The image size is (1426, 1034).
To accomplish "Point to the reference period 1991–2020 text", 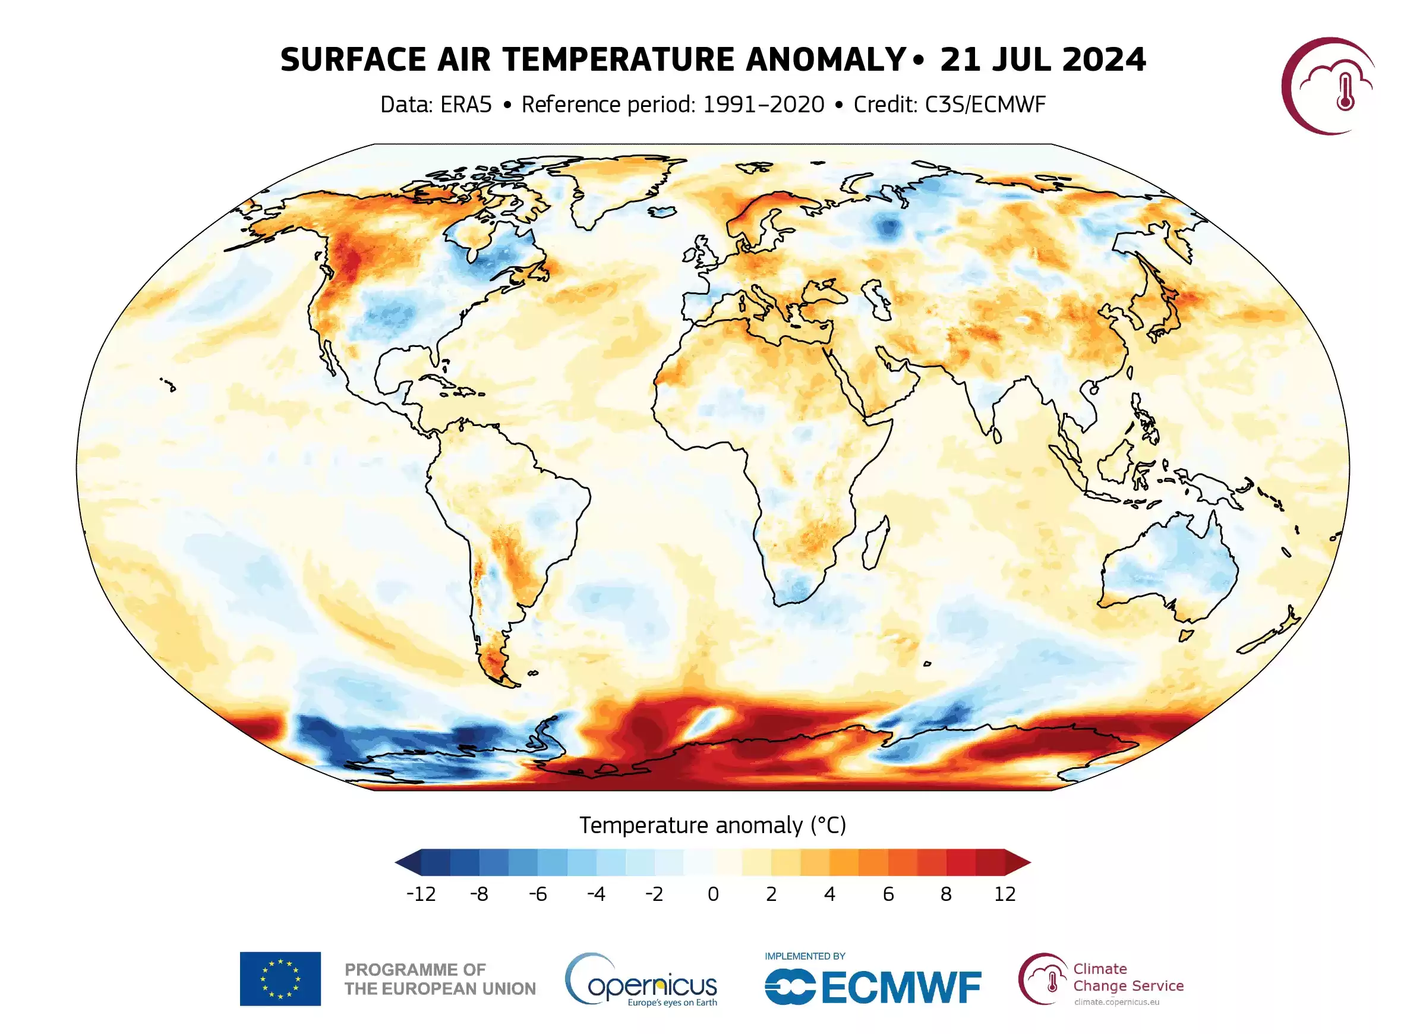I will pos(763,105).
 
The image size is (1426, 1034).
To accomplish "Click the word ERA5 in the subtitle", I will pos(465,105).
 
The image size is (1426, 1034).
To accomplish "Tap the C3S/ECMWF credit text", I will pos(985,105).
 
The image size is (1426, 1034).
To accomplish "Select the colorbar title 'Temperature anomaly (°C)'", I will pos(712,825).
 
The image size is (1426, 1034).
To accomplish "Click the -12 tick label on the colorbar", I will pos(421,894).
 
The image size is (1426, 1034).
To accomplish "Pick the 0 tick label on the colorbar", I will pos(713,894).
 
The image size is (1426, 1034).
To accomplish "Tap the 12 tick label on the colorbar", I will pos(1005,894).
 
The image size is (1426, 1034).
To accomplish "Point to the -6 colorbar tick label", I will pos(538,894).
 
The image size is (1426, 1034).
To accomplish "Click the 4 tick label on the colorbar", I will pos(830,894).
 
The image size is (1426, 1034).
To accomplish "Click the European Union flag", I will pos(280,979).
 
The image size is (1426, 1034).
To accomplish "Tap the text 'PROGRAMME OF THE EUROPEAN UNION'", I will pos(440,979).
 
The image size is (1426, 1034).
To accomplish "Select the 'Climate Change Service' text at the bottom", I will pos(1128,978).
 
